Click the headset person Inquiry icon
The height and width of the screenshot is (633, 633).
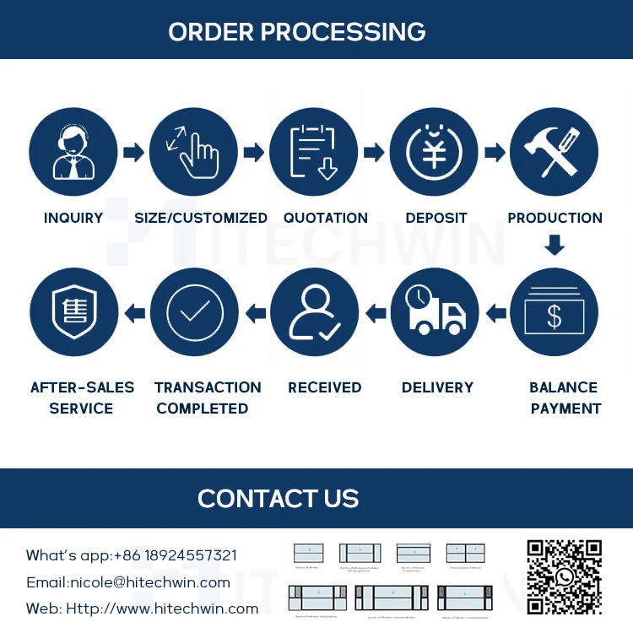[73, 152]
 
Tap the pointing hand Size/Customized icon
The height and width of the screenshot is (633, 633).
[193, 152]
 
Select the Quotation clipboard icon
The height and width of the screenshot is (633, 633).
[314, 152]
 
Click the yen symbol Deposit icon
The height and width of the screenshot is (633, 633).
[434, 152]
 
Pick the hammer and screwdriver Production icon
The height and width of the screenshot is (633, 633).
[554, 152]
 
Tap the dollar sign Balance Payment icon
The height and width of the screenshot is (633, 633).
[554, 313]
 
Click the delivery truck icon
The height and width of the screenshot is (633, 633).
[434, 313]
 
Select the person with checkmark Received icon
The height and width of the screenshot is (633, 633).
[314, 313]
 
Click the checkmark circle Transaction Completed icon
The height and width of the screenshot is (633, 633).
[193, 313]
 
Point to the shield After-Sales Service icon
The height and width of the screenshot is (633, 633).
[73, 313]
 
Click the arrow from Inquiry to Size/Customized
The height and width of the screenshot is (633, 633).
[133, 153]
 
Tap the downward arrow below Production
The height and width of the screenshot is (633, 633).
[554, 246]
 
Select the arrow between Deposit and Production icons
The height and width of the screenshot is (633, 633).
[495, 153]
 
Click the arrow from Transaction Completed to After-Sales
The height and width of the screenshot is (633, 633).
[134, 314]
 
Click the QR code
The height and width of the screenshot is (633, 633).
[564, 577]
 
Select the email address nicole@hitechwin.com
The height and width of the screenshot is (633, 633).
[150, 582]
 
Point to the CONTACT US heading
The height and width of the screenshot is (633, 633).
[279, 498]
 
